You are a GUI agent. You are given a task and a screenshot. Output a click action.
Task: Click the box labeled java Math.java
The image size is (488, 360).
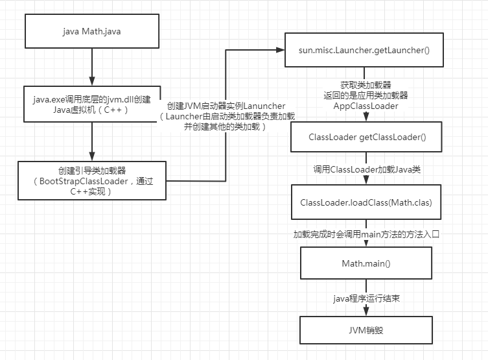91,31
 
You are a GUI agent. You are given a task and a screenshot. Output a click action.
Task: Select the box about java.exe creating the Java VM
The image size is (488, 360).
91,104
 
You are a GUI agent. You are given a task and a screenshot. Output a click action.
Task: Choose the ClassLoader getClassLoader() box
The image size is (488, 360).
366,138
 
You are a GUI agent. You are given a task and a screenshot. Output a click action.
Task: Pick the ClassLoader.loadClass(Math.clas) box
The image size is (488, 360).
366,202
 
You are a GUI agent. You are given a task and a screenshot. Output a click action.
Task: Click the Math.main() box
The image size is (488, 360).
366,263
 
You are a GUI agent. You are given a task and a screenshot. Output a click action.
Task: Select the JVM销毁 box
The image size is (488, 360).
366,329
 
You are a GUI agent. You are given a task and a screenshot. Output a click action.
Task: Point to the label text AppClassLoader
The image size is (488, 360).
366,105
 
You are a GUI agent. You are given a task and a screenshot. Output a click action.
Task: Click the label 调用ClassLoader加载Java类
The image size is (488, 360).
366,169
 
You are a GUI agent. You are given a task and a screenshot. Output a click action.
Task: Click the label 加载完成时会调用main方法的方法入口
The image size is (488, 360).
366,234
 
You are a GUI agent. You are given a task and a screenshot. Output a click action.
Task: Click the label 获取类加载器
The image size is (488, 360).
366,85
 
